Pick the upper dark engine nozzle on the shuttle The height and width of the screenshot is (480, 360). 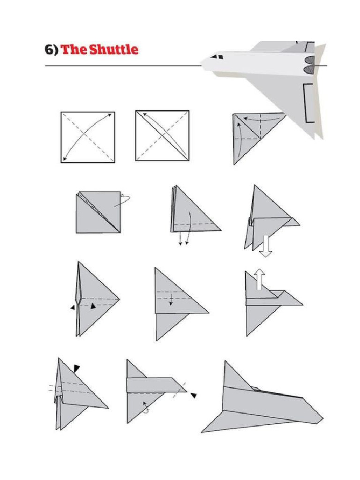click(309, 60)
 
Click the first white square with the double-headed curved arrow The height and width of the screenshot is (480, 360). click(88, 137)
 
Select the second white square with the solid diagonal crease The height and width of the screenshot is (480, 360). click(162, 136)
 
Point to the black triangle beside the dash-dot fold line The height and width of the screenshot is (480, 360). click(193, 396)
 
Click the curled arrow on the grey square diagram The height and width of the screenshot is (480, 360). click(124, 199)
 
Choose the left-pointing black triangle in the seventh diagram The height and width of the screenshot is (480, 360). click(72, 308)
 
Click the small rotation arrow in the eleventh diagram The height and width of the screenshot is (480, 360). click(146, 407)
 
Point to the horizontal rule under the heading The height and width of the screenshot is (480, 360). click(122, 66)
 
